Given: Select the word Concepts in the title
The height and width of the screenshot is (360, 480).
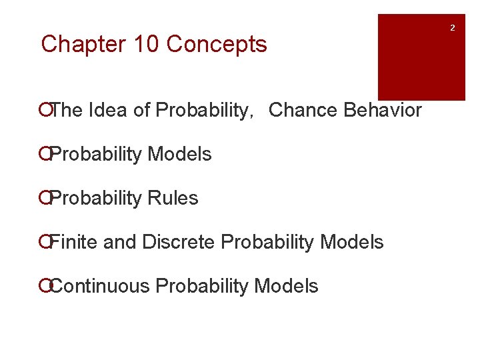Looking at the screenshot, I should click(217, 45).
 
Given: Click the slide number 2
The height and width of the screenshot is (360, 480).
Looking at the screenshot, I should click(453, 28).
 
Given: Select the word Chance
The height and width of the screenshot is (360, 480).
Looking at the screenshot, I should click(303, 110).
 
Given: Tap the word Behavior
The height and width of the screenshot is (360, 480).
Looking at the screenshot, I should click(383, 110).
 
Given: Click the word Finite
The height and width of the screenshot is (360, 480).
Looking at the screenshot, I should click(75, 242).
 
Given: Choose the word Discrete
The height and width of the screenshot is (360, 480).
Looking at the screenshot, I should click(179, 242).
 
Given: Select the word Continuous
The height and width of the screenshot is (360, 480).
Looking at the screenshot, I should click(100, 286).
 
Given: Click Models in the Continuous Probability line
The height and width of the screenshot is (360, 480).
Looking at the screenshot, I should click(287, 286).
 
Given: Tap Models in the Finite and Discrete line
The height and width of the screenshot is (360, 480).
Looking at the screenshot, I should click(352, 242).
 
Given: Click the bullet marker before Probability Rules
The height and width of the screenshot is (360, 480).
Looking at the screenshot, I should click(44, 198).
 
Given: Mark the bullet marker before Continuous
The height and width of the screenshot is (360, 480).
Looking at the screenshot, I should click(44, 286).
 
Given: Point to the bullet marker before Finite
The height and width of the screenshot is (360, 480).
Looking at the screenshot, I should click(44, 242).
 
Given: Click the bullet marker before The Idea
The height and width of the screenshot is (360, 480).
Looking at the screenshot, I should click(44, 110).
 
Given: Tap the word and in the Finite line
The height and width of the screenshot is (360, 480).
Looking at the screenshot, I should click(120, 242).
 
